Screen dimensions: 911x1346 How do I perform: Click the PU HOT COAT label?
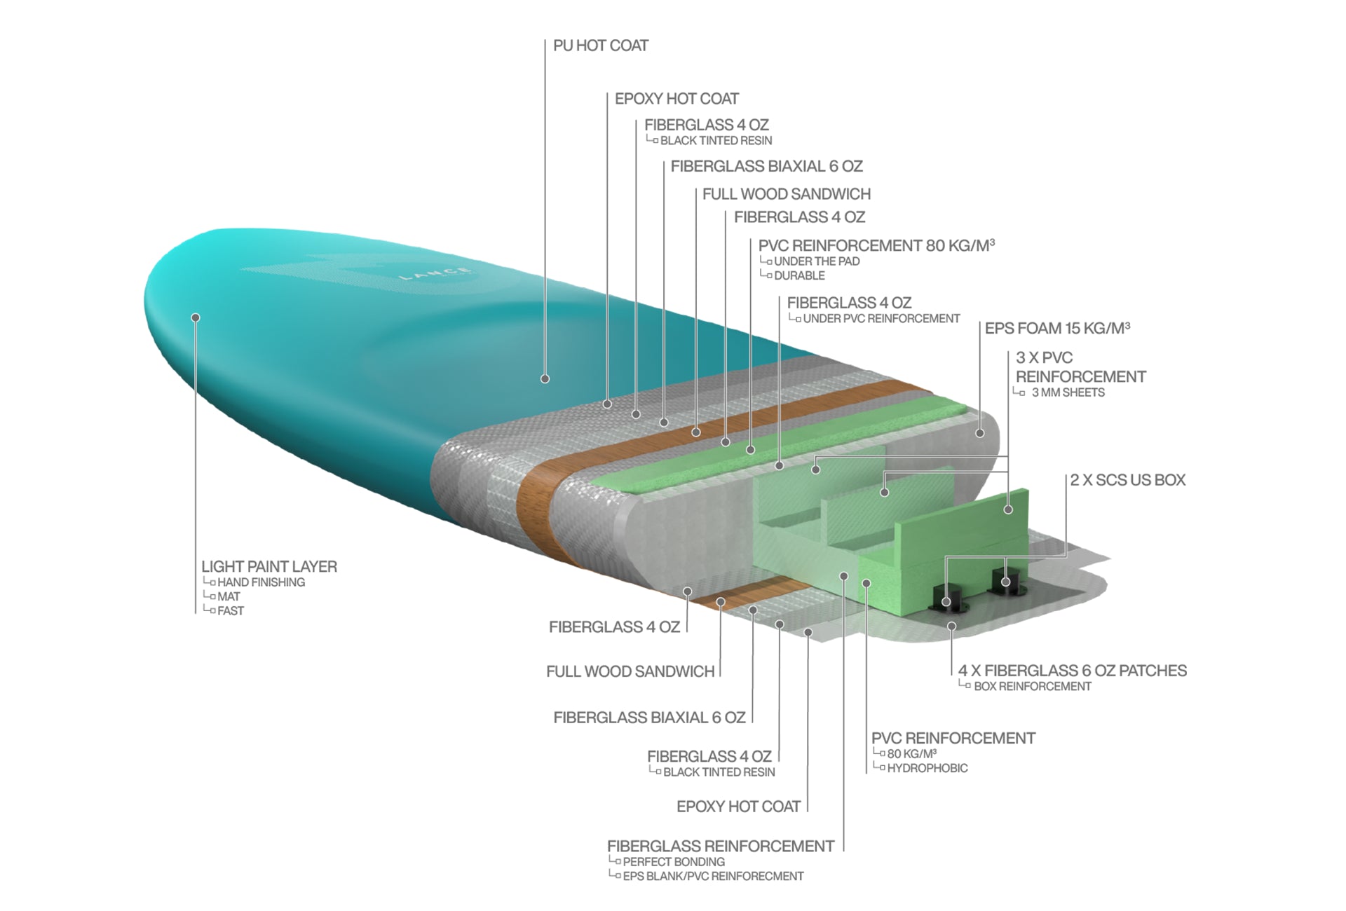600,46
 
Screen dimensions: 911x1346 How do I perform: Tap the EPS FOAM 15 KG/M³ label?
1056,328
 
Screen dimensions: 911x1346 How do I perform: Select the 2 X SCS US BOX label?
1127,480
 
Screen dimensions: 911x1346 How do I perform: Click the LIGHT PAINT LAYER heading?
269,566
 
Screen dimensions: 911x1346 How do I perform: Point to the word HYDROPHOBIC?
927,768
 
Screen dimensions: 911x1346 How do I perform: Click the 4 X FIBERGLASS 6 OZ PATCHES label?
1072,671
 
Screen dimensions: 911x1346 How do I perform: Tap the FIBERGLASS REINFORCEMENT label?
720,846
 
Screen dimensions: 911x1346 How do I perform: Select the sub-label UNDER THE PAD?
816,261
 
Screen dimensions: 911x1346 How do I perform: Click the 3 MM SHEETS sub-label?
1068,392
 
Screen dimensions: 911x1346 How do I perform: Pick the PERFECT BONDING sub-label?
673,862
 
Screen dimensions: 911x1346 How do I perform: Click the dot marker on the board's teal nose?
196,318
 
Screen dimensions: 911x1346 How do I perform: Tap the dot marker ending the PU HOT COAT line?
545,379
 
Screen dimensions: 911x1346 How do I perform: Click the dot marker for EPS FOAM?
980,433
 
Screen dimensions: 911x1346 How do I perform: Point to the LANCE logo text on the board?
435,273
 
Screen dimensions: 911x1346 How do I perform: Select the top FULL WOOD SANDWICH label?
786,194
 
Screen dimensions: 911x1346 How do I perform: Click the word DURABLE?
799,276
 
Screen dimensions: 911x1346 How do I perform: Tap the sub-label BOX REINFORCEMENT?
1032,687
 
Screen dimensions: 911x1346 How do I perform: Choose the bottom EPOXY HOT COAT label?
738,807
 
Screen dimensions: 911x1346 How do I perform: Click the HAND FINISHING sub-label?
261,582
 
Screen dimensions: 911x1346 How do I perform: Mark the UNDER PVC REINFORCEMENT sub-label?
881,319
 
